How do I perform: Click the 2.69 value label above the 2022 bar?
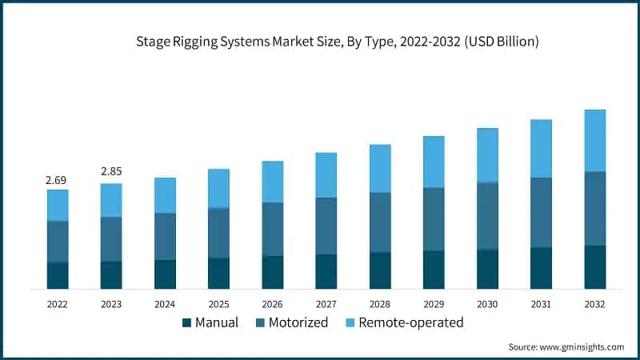coord(57,181)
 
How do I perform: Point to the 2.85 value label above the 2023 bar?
coord(111,172)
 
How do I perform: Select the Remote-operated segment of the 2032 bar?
coord(594,141)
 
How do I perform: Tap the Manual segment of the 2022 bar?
coord(57,274)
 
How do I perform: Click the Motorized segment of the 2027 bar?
coord(326,226)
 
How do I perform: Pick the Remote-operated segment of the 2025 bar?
coord(218,188)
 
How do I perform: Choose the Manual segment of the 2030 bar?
coord(487,269)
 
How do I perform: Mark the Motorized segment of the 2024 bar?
coord(165,236)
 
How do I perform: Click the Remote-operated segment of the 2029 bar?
coord(434,162)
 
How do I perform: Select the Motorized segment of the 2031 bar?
coord(541,212)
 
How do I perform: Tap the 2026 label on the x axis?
coord(272,305)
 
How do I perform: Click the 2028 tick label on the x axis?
coord(380,305)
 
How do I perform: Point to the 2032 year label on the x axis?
coord(594,305)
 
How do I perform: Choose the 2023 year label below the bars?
coord(111,305)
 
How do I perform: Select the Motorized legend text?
coord(298,323)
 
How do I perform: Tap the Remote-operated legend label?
coord(410,323)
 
